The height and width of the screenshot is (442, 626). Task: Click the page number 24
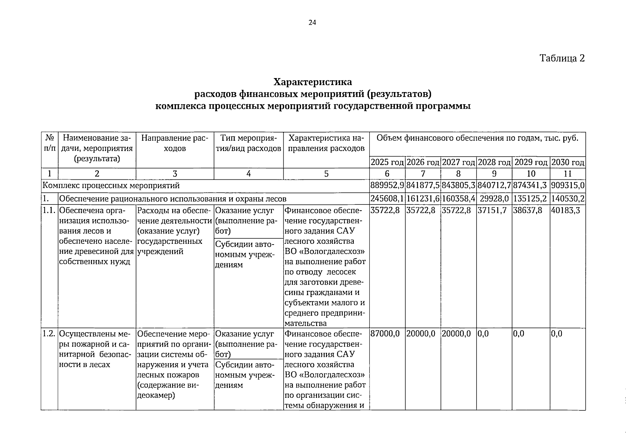[x=312, y=23]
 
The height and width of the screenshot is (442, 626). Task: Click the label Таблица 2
[x=562, y=58]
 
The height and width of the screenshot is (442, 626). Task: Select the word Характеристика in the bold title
[x=312, y=81]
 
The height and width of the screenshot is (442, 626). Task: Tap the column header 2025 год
[x=387, y=162]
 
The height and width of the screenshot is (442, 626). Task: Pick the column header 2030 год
[x=568, y=162]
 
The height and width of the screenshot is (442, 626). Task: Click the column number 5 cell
[x=326, y=174]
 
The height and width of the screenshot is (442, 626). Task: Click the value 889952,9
[x=387, y=186]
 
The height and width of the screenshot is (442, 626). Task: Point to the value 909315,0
[x=568, y=186]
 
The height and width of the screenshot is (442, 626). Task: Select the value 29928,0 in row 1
[x=494, y=199]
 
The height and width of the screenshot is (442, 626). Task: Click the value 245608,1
[x=387, y=199]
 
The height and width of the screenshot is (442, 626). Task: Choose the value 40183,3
[x=564, y=211]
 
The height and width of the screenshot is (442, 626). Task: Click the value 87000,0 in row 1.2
[x=385, y=334]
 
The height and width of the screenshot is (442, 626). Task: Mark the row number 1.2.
[x=49, y=334]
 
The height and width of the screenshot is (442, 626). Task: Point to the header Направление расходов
[x=175, y=143]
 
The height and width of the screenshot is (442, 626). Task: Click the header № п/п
[x=49, y=143]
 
